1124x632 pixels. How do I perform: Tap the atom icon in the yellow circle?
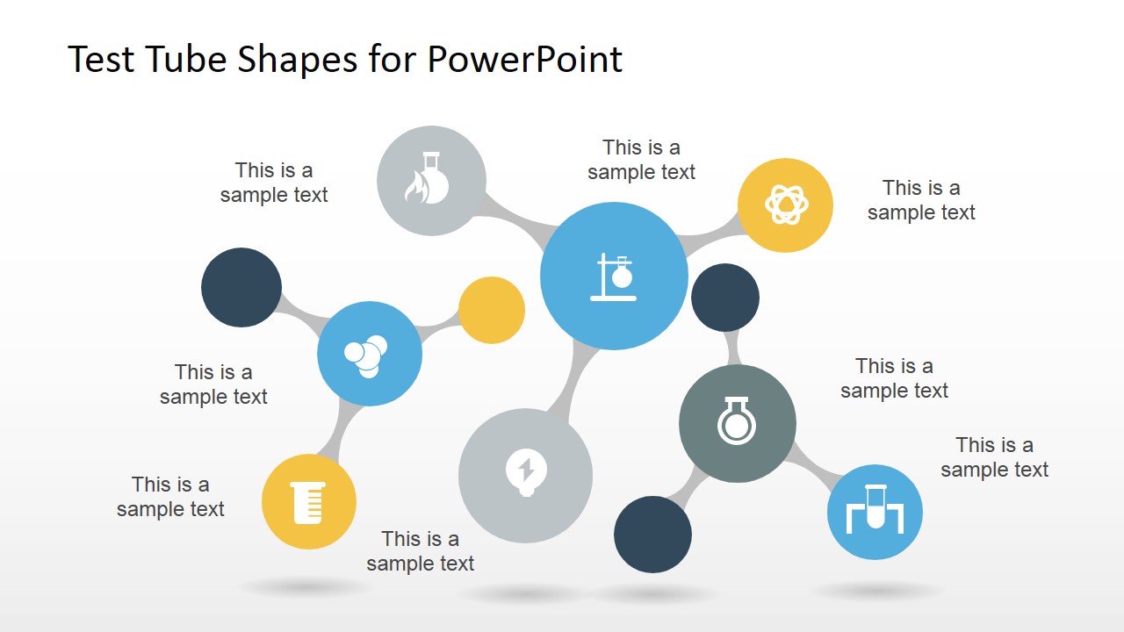coord(785,205)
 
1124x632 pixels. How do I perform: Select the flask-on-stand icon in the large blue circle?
coord(614,276)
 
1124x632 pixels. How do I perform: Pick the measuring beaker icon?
coord(309,503)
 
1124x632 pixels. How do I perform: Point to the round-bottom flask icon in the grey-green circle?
coord(737,423)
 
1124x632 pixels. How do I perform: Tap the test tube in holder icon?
coord(875,511)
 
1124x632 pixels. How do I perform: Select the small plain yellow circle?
coord(492,310)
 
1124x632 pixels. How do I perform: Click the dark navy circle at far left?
coord(241,287)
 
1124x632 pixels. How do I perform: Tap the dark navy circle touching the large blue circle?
coord(725,298)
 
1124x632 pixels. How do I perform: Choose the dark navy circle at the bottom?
coord(652,534)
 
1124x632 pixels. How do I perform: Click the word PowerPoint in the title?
coord(524,60)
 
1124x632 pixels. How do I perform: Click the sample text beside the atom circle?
coord(921,200)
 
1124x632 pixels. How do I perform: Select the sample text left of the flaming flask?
coord(274,183)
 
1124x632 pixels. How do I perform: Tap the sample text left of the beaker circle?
coord(170,497)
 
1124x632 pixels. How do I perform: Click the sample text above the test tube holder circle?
coord(994,457)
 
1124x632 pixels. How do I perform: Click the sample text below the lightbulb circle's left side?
coord(420,551)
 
